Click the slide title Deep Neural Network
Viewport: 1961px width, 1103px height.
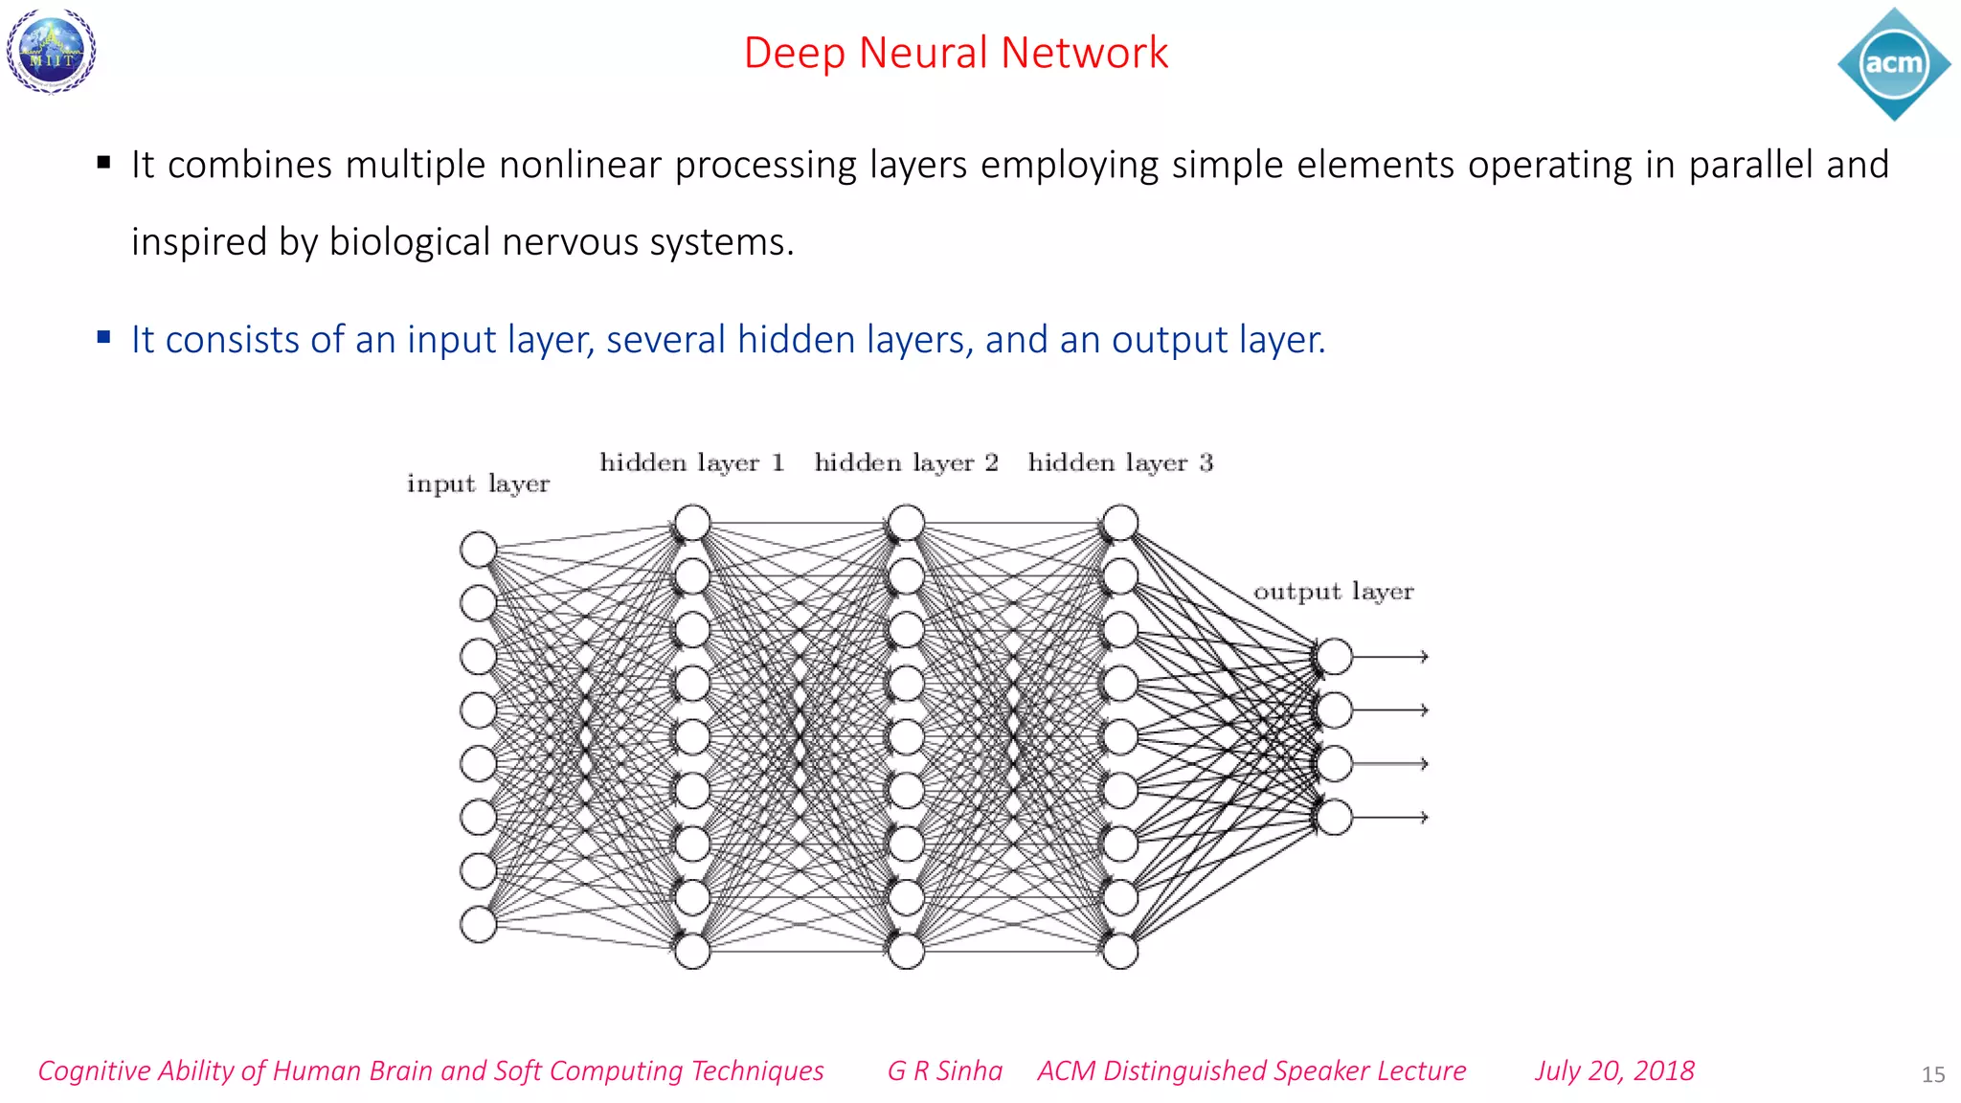[x=956, y=53]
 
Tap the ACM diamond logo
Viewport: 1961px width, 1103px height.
[x=1893, y=64]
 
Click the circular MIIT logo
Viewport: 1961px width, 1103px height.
[x=52, y=51]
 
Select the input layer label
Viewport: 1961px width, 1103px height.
[x=478, y=484]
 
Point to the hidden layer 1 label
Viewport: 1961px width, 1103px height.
[x=691, y=463]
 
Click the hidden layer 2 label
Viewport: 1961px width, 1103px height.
[x=906, y=463]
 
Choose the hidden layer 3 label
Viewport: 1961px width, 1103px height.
[x=1120, y=463]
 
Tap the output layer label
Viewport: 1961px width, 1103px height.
[x=1333, y=592]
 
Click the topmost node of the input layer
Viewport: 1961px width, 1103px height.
[x=478, y=550]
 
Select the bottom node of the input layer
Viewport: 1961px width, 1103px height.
[x=478, y=925]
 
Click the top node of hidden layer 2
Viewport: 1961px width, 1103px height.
[x=906, y=523]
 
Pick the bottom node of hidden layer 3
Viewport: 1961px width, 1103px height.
[x=1120, y=952]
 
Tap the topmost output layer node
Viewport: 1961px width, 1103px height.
[x=1334, y=657]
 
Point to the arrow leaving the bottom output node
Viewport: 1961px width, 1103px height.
[x=1390, y=818]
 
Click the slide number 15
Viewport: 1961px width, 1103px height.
[x=1932, y=1075]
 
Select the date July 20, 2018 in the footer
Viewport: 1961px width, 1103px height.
[x=1614, y=1070]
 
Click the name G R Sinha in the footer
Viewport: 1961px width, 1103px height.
[x=944, y=1070]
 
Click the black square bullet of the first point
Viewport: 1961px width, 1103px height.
[x=103, y=163]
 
